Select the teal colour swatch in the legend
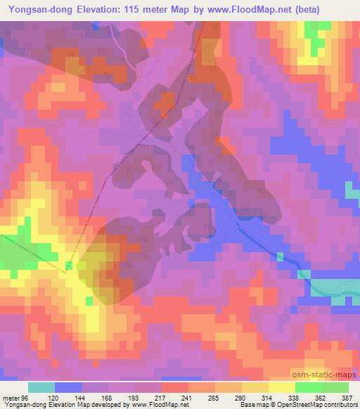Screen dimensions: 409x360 pyautogui.click(x=41, y=387)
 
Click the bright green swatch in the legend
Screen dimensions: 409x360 pyautogui.click(x=308, y=387)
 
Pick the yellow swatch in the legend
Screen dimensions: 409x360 pyautogui.click(x=281, y=387)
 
